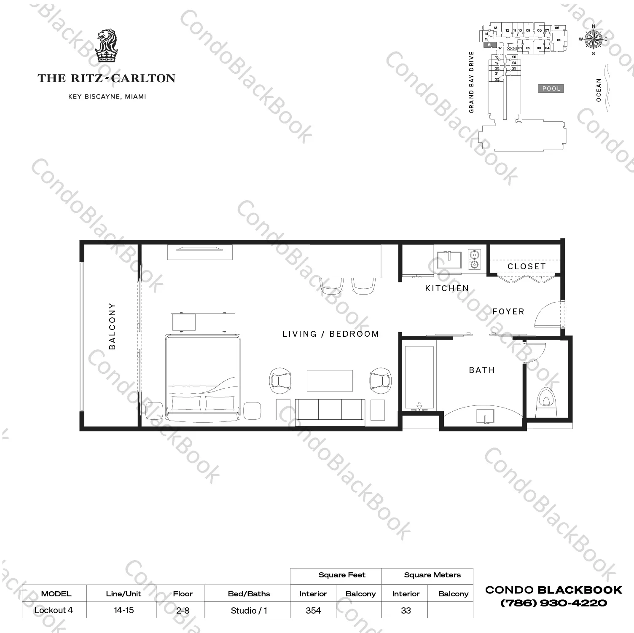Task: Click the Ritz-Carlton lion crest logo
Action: coord(106,46)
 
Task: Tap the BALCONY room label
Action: coord(112,326)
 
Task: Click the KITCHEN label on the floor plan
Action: coord(447,289)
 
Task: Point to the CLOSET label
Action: coord(527,267)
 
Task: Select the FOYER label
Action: coord(508,312)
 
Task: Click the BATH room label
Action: coord(482,370)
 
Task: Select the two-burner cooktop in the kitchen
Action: coord(475,259)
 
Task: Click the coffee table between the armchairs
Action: coord(330,381)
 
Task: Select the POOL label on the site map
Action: coord(551,89)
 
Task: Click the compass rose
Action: coord(594,40)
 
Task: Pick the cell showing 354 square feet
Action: coord(313,610)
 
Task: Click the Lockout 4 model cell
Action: coord(54,610)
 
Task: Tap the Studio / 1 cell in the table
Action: coord(249,610)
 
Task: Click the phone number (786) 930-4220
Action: coord(553,603)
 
